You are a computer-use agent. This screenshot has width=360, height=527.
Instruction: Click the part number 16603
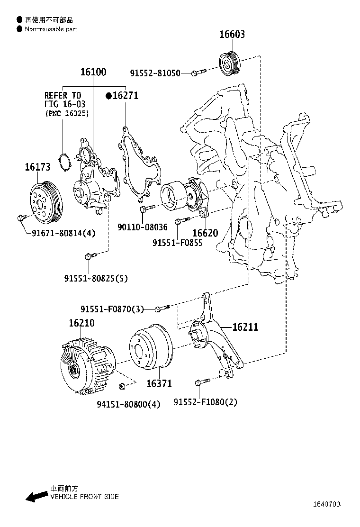pyautogui.click(x=232, y=35)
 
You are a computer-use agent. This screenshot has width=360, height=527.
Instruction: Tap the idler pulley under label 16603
pyautogui.click(x=230, y=63)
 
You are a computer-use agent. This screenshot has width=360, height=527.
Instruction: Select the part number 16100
pyautogui.click(x=93, y=72)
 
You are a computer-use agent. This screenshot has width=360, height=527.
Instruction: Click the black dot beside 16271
pyautogui.click(x=108, y=96)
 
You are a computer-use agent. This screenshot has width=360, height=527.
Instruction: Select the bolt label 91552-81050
pyautogui.click(x=155, y=73)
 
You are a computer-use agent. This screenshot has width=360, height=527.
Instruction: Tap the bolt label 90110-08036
pyautogui.click(x=142, y=227)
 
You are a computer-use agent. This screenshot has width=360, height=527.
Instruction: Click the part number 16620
pyautogui.click(x=205, y=233)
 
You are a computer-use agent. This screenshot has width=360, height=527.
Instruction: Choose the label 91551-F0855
pyautogui.click(x=177, y=243)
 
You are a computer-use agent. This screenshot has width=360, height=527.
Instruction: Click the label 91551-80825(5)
pyautogui.click(x=96, y=278)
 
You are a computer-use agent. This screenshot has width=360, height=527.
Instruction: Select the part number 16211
pyautogui.click(x=245, y=327)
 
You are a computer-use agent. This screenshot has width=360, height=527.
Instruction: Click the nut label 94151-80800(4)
pyautogui.click(x=128, y=404)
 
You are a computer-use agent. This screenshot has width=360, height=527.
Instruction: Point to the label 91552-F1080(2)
pyautogui.click(x=205, y=402)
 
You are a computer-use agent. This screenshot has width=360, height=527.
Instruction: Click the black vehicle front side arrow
pyautogui.click(x=36, y=497)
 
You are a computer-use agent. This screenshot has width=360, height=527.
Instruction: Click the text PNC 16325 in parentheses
pyautogui.click(x=67, y=114)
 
